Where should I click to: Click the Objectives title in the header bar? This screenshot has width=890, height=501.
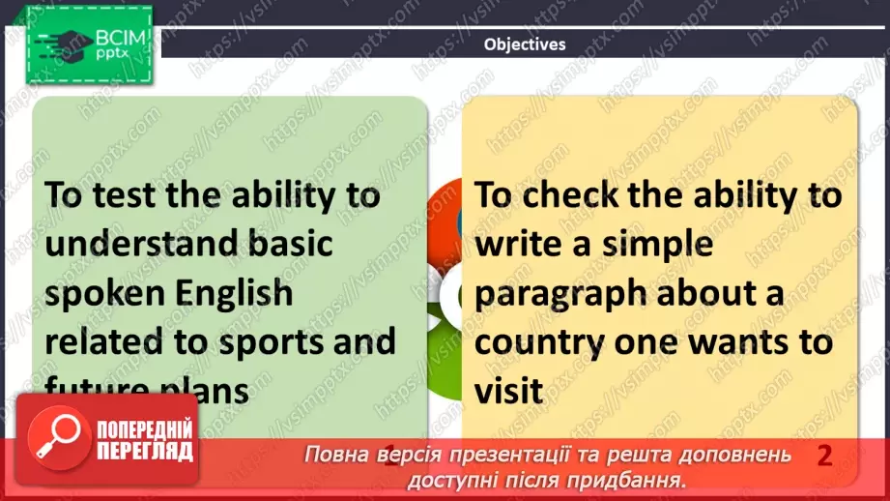[x=525, y=44]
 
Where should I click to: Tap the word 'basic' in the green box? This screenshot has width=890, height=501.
[x=293, y=243]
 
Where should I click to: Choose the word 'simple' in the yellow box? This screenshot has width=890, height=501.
[x=657, y=244]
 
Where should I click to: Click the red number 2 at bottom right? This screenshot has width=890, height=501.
[x=823, y=456]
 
